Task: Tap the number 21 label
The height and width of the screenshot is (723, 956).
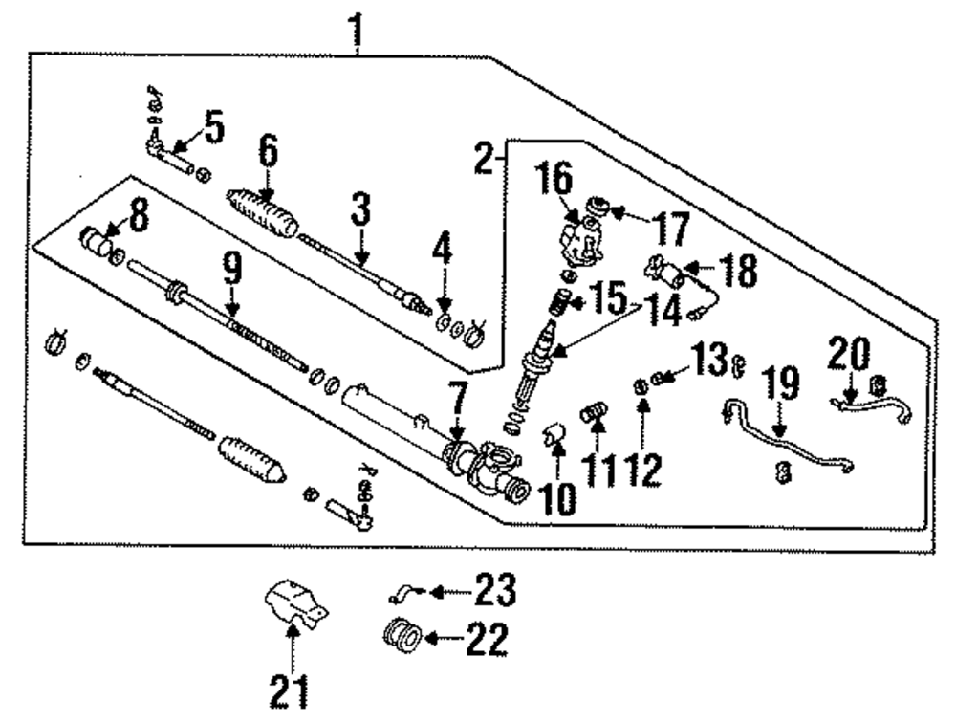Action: (290, 690)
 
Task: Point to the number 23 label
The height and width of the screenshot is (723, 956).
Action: (493, 590)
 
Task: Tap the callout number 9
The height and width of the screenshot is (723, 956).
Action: (232, 272)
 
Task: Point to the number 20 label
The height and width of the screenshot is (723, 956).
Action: (849, 355)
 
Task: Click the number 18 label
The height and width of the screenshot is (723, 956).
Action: (735, 271)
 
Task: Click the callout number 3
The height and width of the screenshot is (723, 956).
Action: (359, 210)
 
